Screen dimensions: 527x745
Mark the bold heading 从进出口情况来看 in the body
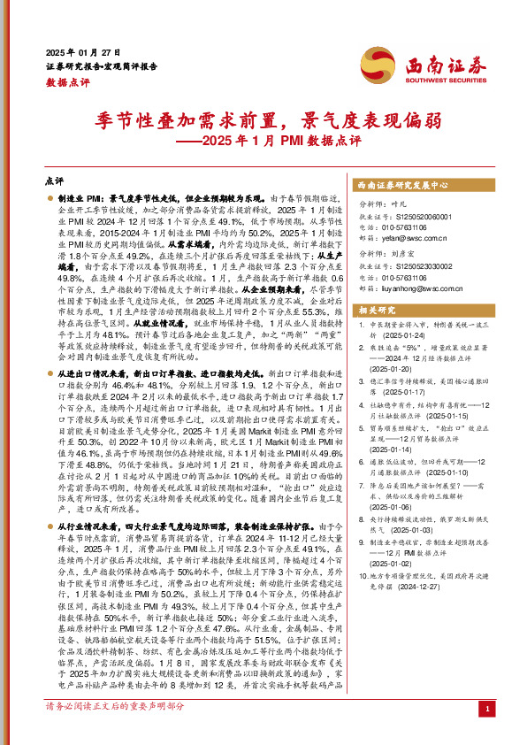pyautogui.click(x=87, y=375)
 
